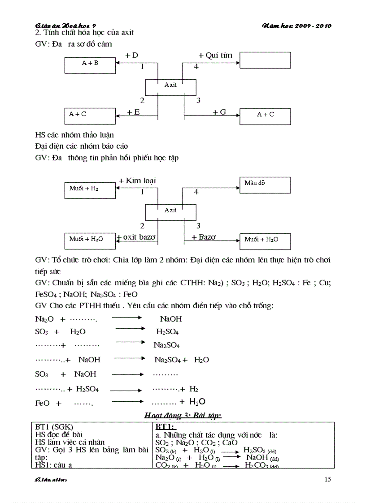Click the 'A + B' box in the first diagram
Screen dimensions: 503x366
pyautogui.click(x=90, y=65)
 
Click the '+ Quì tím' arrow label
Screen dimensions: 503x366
pyautogui.click(x=215, y=55)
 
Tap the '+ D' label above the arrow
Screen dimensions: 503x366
pyautogui.click(x=131, y=55)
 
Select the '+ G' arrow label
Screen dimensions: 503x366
pyautogui.click(x=219, y=112)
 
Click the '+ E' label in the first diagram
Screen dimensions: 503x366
pyautogui.click(x=133, y=112)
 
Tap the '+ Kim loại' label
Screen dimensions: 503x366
pyautogui.click(x=137, y=181)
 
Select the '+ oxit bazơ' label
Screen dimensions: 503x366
pyautogui.click(x=137, y=237)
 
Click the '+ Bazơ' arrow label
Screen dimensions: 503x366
pyautogui.click(x=204, y=237)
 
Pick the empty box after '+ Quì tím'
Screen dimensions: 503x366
pyautogui.click(x=265, y=60)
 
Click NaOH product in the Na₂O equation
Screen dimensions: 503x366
pyautogui.click(x=171, y=319)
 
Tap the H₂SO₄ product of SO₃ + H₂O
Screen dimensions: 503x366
pyautogui.click(x=167, y=332)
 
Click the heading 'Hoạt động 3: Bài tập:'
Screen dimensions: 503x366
pyautogui.click(x=183, y=415)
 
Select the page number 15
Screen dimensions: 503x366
pyautogui.click(x=327, y=480)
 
